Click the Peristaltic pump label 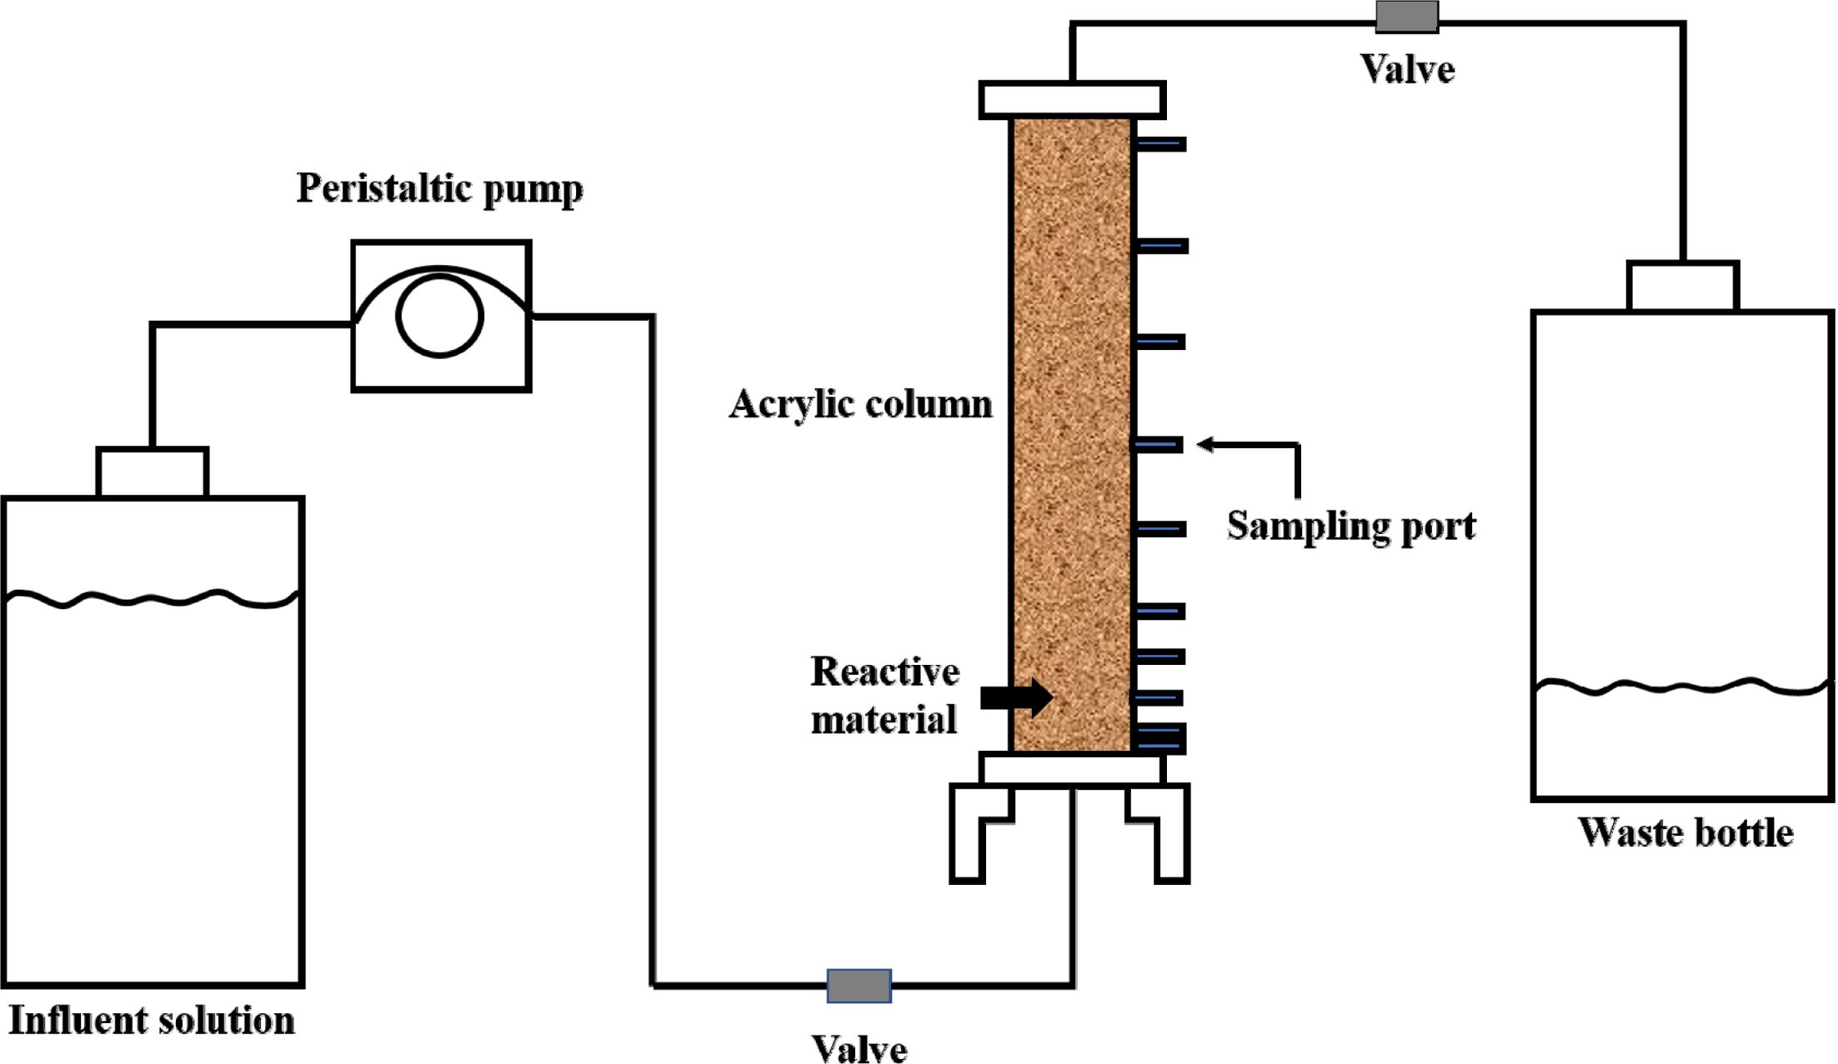point(439,188)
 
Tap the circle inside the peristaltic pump point(439,317)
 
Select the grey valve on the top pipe point(1406,17)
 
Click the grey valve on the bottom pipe point(859,986)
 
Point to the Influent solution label point(152,1021)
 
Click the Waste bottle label point(1685,832)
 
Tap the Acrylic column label point(860,405)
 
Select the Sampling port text point(1350,526)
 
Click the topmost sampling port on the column point(1160,144)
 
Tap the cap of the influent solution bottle point(153,472)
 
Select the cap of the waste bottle point(1682,286)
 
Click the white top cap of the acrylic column point(1072,100)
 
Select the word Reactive point(884,672)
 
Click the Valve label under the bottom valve point(859,1048)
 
